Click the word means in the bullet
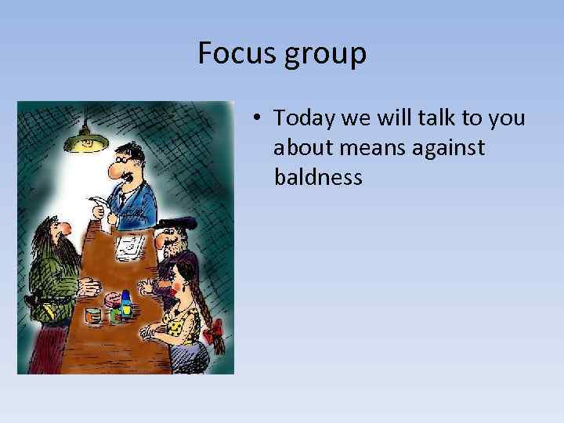371,148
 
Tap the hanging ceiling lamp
86,141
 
